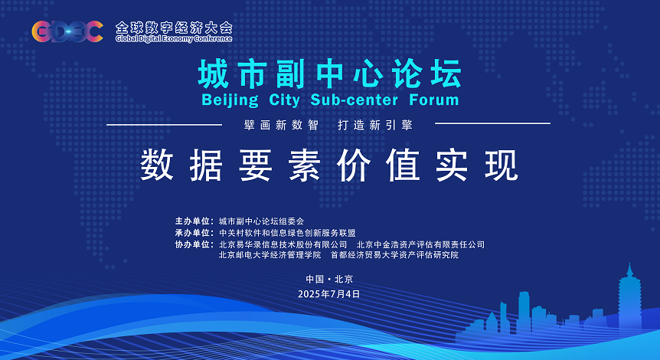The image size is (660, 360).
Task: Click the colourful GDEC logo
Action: coord(67,31)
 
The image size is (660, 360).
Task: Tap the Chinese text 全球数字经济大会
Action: coord(174,28)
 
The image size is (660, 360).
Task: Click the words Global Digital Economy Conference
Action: coord(174,39)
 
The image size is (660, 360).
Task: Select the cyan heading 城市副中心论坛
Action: coord(330,74)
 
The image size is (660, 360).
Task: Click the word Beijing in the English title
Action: coord(230,100)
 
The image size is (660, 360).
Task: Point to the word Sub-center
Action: coord(354,100)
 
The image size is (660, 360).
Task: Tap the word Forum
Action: coord(434,100)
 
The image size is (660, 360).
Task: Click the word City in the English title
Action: coord(284,100)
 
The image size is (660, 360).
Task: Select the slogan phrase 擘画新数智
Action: coord(281,125)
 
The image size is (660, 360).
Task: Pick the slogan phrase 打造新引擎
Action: coord(375,125)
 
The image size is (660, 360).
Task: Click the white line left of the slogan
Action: coord(164,125)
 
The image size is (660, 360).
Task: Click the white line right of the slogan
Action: coord(492,123)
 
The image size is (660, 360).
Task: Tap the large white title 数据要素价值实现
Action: coord(329,165)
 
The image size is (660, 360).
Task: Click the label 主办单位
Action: coord(192,221)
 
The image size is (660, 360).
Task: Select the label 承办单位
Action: coord(192,233)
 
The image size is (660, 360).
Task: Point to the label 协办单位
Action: coord(192,244)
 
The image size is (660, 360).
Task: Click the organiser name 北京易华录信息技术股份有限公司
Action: coord(283,244)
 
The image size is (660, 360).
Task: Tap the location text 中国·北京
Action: coord(329,279)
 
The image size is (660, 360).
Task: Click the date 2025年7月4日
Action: coord(329,294)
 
